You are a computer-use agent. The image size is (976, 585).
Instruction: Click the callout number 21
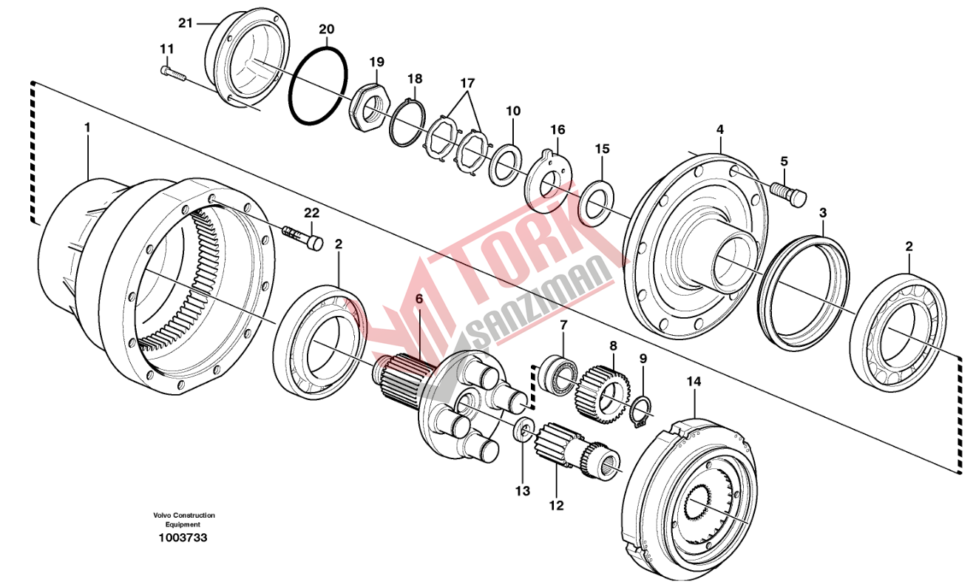tap(185, 23)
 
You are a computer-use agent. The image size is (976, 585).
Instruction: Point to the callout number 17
tap(467, 83)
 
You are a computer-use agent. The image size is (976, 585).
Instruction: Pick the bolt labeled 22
tap(303, 239)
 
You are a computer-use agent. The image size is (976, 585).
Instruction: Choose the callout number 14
tap(693, 382)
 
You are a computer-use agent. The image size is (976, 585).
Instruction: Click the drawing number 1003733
tap(183, 538)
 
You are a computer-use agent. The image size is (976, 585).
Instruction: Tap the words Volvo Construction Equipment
tap(184, 519)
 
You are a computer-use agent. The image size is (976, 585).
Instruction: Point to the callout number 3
tap(822, 213)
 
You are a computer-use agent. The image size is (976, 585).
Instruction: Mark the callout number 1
tap(87, 128)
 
